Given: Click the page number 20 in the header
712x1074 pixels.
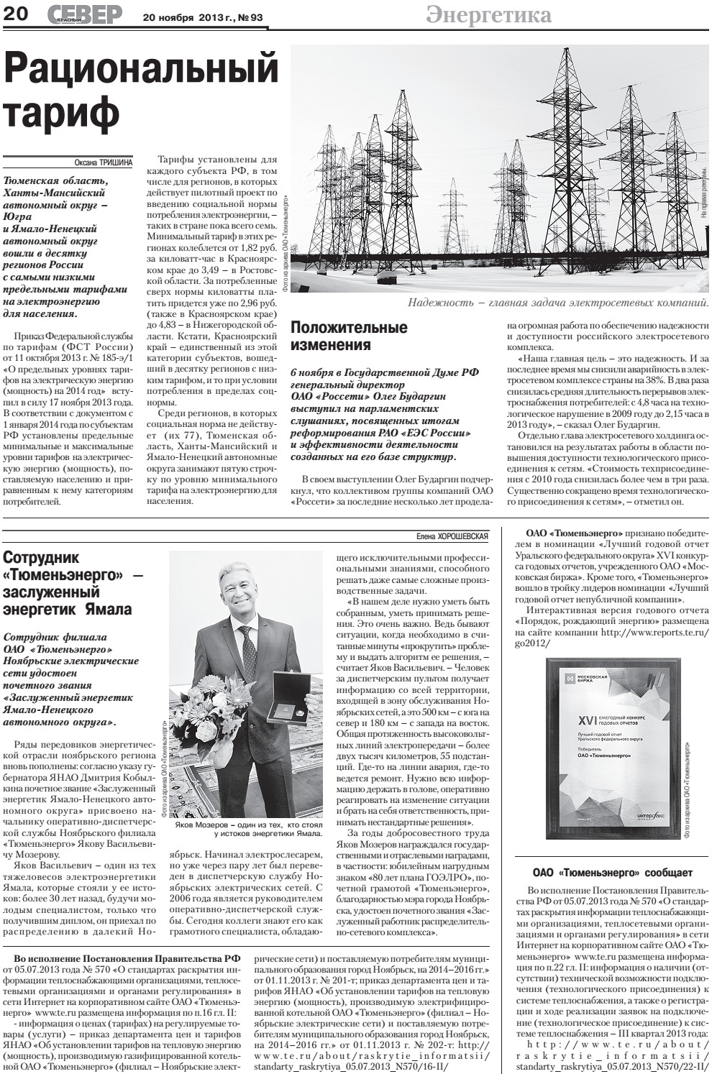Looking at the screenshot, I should pyautogui.click(x=17, y=14).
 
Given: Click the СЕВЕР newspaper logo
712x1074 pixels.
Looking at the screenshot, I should pyautogui.click(x=86, y=14).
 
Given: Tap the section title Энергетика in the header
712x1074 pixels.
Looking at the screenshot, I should pyautogui.click(x=488, y=15).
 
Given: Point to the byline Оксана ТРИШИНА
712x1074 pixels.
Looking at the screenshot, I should pyautogui.click(x=104, y=162).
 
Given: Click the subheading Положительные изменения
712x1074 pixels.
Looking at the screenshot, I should pyautogui.click(x=349, y=336).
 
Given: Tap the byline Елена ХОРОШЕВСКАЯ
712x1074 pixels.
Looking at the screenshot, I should pyautogui.click(x=452, y=536).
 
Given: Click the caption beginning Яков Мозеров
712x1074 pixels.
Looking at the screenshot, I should pyautogui.click(x=247, y=830).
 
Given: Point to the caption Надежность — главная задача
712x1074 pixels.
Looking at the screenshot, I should pyautogui.click(x=558, y=303).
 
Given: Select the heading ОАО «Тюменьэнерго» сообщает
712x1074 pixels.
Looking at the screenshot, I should pyautogui.click(x=613, y=873).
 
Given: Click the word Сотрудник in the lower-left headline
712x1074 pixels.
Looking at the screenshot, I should pyautogui.click(x=41, y=558).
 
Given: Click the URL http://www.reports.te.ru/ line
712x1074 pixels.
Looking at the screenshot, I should pyautogui.click(x=655, y=633).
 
